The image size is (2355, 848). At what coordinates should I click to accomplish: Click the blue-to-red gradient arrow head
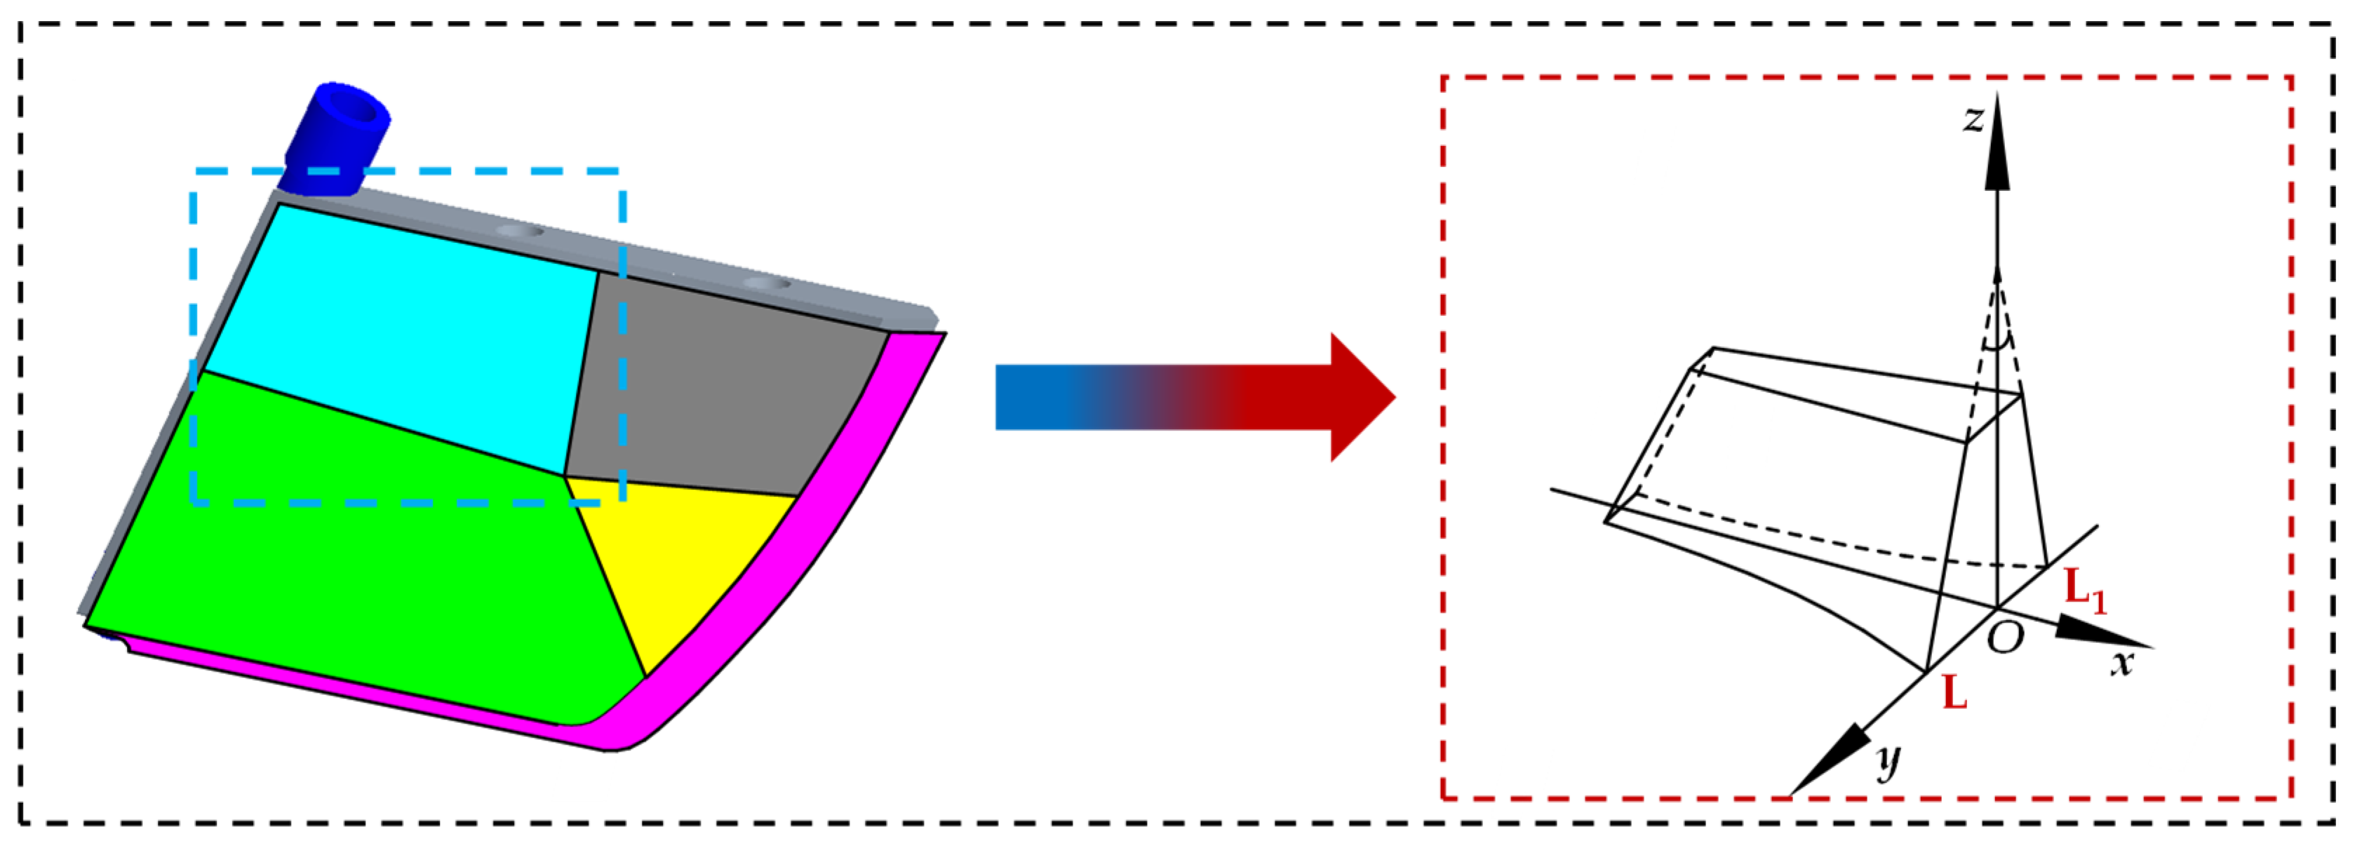click(1357, 398)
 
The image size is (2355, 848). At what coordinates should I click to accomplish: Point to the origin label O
click(2006, 637)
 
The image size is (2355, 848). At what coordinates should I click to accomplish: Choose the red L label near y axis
click(1954, 693)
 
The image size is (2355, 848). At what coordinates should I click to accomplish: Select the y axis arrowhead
click(1828, 760)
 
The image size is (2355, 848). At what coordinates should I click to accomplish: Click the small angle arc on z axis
click(1997, 344)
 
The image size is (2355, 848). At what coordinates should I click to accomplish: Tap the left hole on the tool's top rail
click(519, 231)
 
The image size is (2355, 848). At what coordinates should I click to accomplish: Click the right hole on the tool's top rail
click(766, 284)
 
